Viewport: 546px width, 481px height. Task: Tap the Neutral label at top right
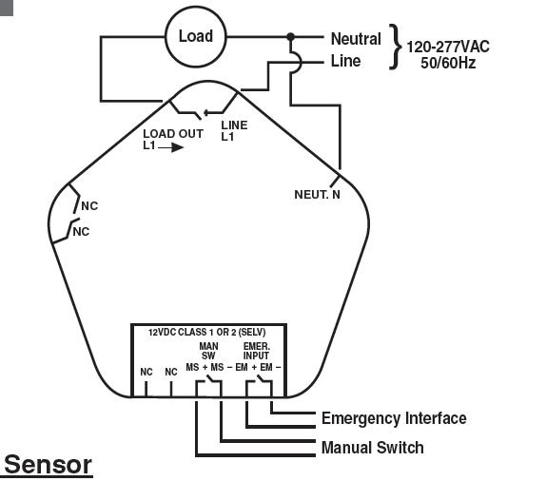356,39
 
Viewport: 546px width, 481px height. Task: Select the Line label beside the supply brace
345,61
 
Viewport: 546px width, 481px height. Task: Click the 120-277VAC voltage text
448,47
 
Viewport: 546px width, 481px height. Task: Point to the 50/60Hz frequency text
448,63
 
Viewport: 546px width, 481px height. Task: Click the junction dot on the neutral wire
290,36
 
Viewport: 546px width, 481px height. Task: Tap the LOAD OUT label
173,134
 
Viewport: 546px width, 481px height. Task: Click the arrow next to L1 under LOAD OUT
170,147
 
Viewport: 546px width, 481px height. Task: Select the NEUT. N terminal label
317,195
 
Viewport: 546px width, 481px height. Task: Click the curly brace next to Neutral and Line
396,47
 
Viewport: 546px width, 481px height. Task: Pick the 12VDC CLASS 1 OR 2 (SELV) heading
206,333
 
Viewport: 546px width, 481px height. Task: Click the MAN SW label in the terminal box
208,351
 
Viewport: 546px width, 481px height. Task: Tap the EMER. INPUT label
256,351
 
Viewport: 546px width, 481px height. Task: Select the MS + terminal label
197,367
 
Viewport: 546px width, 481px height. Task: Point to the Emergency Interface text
394,418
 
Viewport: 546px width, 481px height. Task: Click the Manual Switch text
373,448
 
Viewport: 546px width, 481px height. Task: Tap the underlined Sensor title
49,465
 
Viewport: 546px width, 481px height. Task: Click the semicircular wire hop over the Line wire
299,63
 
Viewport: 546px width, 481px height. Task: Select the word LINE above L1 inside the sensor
234,125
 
